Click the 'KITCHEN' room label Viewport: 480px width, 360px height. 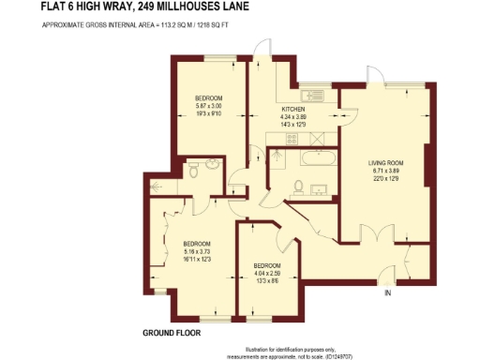(293, 110)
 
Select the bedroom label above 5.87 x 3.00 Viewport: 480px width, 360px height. (208, 98)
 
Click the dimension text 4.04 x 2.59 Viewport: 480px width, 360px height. (269, 274)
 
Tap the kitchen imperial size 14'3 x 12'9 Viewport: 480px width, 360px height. (293, 125)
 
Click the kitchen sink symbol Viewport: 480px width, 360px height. (309, 95)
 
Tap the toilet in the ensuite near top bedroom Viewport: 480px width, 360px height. (192, 170)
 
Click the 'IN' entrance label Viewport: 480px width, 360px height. (386, 293)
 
